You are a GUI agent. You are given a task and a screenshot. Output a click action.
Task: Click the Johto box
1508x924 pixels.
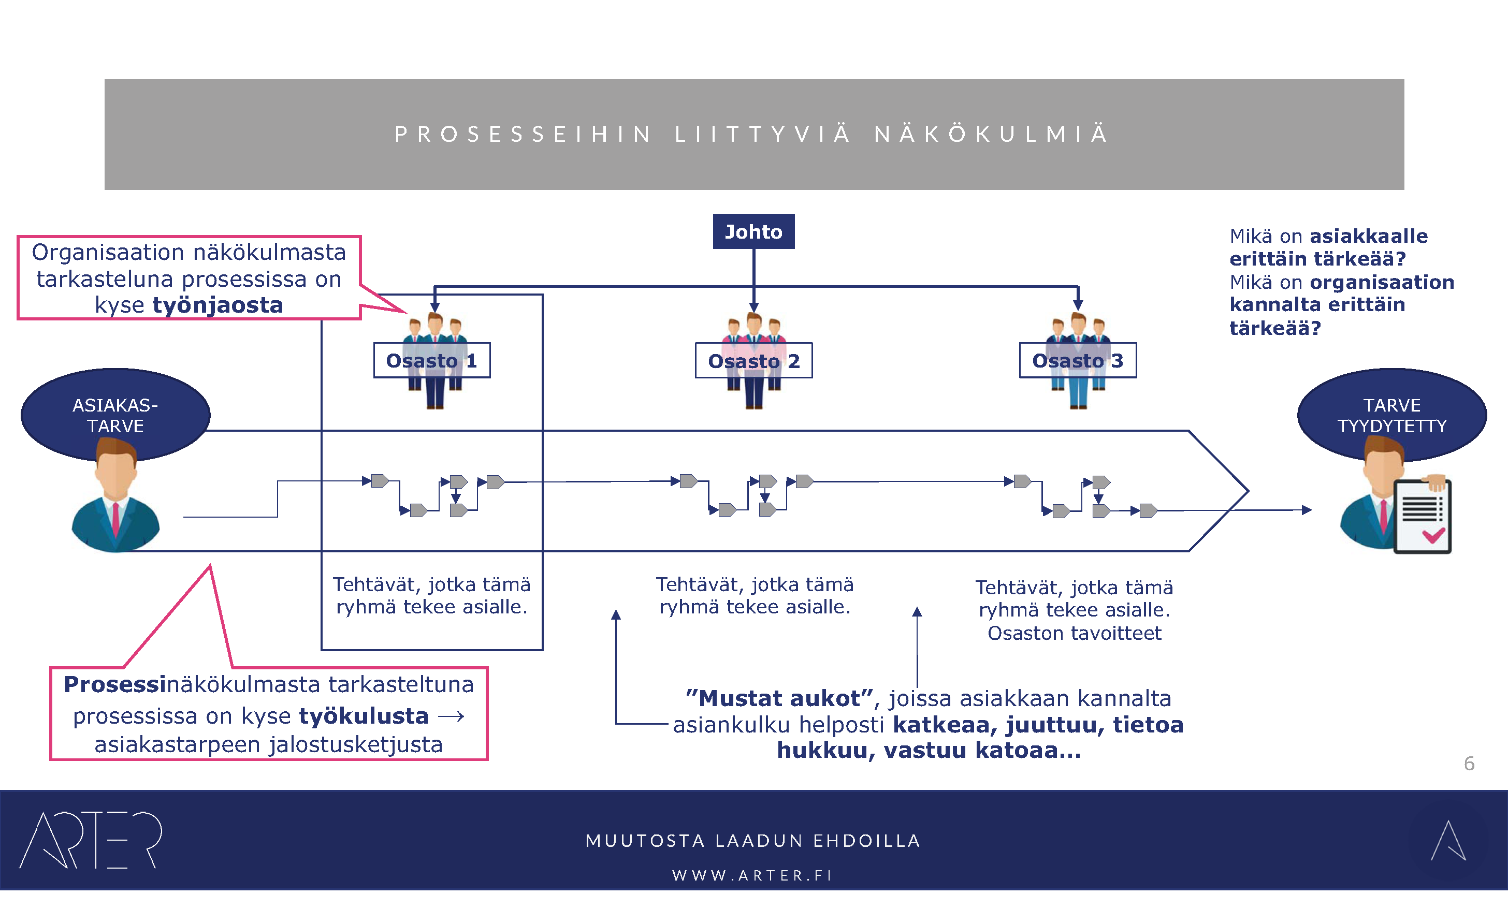tap(753, 231)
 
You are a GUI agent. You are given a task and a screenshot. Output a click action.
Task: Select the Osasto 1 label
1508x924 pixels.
tap(431, 360)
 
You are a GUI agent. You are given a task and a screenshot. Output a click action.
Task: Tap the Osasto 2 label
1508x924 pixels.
tap(753, 361)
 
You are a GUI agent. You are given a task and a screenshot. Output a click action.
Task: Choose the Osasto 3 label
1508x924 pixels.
tap(1077, 360)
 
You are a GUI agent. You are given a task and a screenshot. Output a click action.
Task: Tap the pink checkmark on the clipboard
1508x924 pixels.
tap(1433, 535)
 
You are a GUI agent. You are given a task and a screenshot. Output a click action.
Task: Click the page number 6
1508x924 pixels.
tap(1469, 763)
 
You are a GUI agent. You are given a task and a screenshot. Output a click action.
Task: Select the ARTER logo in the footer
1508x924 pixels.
tap(91, 840)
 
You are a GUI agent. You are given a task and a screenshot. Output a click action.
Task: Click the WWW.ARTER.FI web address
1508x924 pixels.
tap(753, 875)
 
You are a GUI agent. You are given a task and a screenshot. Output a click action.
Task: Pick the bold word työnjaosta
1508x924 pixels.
tap(218, 305)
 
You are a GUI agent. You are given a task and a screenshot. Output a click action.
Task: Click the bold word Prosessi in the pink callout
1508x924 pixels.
tap(115, 684)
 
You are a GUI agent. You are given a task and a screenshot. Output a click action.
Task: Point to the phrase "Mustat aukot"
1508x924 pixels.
tap(778, 698)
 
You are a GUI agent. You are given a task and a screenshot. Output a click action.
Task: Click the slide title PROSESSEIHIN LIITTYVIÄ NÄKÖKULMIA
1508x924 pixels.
tap(753, 134)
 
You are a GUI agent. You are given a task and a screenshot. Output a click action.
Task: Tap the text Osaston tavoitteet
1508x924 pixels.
tap(1074, 633)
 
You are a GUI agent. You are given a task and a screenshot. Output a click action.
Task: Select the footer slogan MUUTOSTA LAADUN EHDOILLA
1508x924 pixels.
tap(753, 841)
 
